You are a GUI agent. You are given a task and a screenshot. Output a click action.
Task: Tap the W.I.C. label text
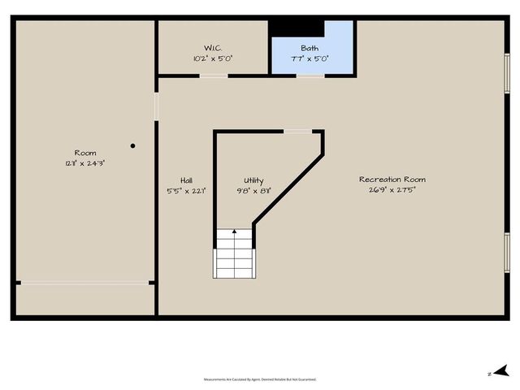(213, 47)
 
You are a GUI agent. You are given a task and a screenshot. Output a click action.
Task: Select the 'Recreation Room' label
(392, 180)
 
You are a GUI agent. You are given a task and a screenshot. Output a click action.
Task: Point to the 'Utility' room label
(254, 180)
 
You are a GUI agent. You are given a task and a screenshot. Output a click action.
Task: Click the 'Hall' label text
(187, 180)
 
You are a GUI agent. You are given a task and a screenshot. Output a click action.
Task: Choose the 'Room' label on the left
(85, 153)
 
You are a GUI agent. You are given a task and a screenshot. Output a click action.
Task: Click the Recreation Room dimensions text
(392, 191)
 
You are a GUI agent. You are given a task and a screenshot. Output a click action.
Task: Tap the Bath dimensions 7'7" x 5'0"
(310, 59)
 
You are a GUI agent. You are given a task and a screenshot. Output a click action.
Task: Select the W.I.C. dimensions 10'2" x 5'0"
(213, 58)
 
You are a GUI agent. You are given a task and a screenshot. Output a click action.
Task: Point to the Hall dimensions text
(187, 191)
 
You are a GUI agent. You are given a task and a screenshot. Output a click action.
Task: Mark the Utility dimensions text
(254, 191)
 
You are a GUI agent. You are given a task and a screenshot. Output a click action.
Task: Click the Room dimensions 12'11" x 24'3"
(85, 163)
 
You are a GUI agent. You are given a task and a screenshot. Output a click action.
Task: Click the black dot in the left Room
(132, 146)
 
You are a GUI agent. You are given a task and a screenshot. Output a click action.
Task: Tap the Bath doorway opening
(310, 76)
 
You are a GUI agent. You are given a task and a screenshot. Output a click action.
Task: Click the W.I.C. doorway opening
(214, 76)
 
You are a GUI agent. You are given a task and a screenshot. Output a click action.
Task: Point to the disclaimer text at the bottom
(260, 379)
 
